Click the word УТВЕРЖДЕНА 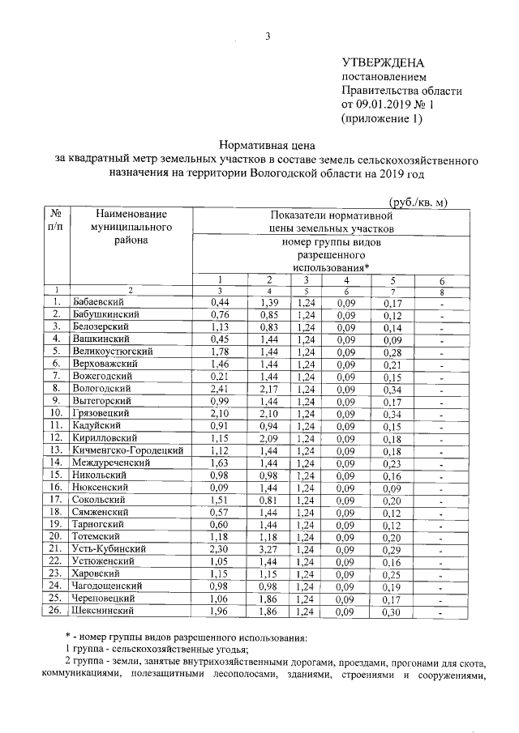click(383, 62)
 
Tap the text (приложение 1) click(382, 118)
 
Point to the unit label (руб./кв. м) click(414, 202)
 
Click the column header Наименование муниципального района click(130, 228)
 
